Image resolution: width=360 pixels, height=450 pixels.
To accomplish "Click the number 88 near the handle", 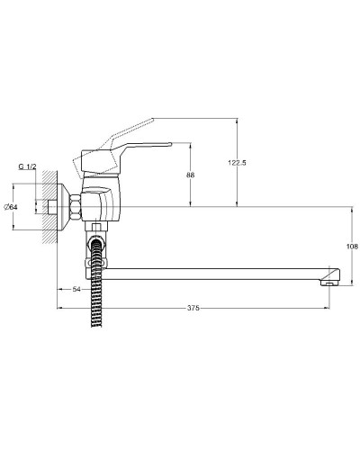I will click(190, 175).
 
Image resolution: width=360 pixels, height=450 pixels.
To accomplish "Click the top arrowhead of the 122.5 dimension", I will click(236, 120).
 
